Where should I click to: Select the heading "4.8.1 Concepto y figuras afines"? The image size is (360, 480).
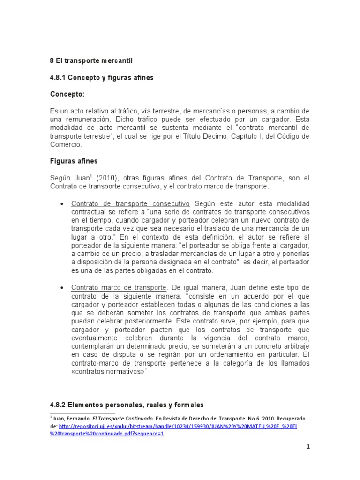102,77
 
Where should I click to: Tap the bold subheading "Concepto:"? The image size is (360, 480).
67,94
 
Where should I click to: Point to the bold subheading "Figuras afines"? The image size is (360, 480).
74,161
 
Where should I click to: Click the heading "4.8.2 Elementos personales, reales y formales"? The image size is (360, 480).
127,405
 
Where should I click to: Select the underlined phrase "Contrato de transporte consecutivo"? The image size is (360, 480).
130,204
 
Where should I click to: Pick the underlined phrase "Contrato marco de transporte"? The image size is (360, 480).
119,287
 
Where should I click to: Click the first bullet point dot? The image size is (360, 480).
63,204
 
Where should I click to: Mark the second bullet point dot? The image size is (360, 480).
63,288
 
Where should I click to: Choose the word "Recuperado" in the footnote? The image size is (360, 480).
292,418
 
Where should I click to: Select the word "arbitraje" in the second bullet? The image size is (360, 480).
295,346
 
